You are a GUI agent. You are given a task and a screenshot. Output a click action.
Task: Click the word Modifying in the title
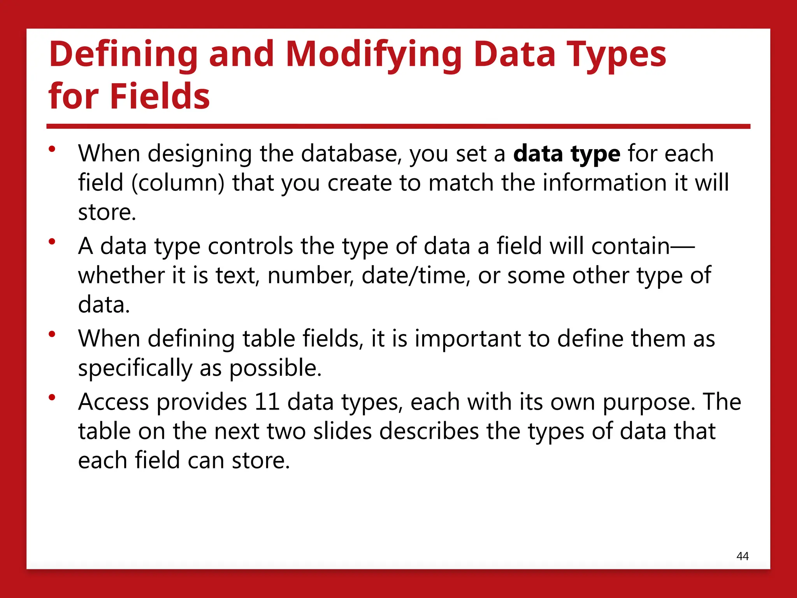point(374,55)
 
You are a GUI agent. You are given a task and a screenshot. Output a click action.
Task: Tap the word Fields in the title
point(160,96)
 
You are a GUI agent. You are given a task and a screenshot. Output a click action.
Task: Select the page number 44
point(743,556)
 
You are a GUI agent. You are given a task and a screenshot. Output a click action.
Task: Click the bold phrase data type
point(567,153)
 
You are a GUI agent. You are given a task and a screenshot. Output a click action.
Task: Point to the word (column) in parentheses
point(178,183)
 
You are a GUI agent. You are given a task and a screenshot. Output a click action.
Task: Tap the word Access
point(113,402)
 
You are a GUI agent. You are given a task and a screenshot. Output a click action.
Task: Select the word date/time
point(414,275)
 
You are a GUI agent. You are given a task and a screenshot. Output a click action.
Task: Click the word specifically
point(135,368)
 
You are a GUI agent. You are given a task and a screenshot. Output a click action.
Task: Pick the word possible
point(275,368)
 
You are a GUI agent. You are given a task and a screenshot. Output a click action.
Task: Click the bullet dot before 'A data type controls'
point(52,242)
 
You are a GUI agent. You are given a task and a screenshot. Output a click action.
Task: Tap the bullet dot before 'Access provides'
point(52,397)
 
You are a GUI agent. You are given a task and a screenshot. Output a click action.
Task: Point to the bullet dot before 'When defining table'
point(52,334)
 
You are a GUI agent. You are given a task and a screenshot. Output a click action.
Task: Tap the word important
point(468,338)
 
